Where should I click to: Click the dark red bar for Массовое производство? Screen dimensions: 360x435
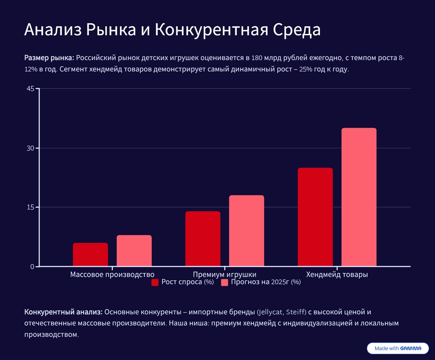pyautogui.click(x=90, y=255)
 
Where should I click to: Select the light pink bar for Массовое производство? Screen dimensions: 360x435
pyautogui.click(x=134, y=251)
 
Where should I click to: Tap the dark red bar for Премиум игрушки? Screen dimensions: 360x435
pyautogui.click(x=203, y=239)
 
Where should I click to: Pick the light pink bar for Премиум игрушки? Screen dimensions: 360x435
pyautogui.click(x=246, y=231)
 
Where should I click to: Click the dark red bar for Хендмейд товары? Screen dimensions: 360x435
pyautogui.click(x=315, y=217)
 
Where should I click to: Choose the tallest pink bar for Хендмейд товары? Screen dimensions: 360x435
pyautogui.click(x=359, y=197)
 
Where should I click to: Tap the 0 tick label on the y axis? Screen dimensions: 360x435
pyautogui.click(x=32, y=267)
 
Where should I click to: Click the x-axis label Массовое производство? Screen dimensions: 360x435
pyautogui.click(x=112, y=275)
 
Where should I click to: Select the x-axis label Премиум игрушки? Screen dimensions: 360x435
pyautogui.click(x=224, y=275)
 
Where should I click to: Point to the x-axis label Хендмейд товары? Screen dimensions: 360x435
pyautogui.click(x=337, y=275)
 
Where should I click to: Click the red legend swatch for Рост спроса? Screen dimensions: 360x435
pyautogui.click(x=155, y=282)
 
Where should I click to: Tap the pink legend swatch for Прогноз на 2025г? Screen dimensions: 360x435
pyautogui.click(x=225, y=282)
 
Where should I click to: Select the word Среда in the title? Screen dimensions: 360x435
pyautogui.click(x=297, y=31)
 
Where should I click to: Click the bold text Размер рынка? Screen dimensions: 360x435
pyautogui.click(x=49, y=58)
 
